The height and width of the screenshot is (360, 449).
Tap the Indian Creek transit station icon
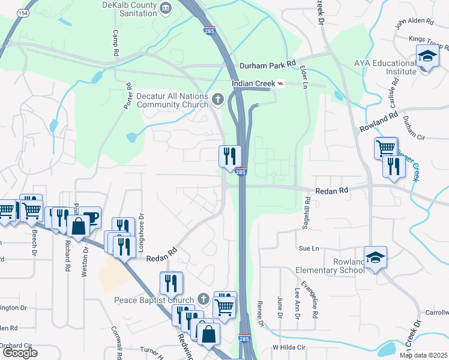pos(280,84)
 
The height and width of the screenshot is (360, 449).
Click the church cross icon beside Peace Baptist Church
pos(203,299)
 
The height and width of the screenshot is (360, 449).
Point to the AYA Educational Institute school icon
pos(427,58)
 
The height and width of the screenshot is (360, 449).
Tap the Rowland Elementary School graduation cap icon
pos(376,257)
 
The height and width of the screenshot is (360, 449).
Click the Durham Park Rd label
pos(268,63)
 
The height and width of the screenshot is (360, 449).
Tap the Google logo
pos(20,352)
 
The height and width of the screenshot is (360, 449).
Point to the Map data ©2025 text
pos(423,355)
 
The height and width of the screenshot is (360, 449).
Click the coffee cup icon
pos(90,217)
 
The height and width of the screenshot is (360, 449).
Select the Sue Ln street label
pos(307,248)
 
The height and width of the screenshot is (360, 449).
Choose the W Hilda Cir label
pos(289,347)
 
